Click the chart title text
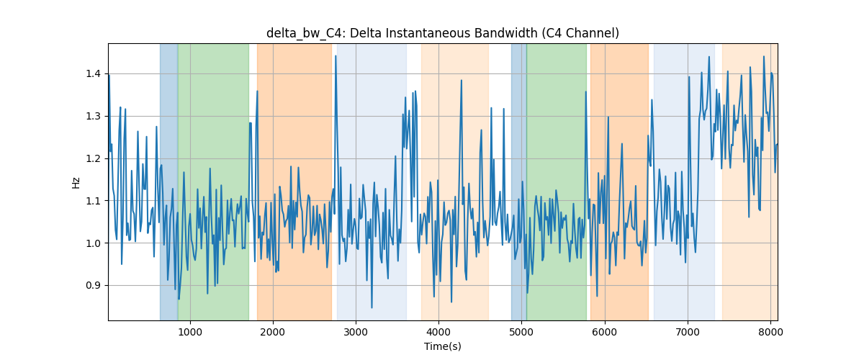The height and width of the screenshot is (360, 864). click(442, 33)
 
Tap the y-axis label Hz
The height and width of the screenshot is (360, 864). click(76, 182)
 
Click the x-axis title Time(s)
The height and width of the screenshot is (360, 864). click(442, 346)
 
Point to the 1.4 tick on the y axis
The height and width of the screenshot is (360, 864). click(93, 73)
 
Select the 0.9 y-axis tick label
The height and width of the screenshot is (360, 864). click(93, 286)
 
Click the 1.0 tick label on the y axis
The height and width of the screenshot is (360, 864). click(93, 243)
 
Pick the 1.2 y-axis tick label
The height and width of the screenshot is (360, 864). click(93, 158)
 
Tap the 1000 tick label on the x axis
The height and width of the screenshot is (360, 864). click(190, 332)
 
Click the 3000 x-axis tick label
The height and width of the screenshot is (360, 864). click(356, 332)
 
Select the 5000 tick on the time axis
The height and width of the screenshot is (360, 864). click(521, 332)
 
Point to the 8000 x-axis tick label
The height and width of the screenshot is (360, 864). click(770, 332)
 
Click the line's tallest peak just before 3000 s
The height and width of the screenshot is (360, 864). click(336, 56)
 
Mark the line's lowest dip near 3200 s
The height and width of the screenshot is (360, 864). click(372, 307)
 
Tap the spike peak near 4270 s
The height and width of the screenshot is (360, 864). click(462, 80)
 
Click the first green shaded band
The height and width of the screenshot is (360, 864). click(213, 181)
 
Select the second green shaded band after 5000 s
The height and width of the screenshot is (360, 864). click(557, 181)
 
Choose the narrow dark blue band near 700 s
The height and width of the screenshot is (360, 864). click(169, 181)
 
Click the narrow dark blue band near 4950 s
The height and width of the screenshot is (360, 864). click(519, 181)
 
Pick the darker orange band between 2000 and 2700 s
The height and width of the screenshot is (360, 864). click(294, 181)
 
